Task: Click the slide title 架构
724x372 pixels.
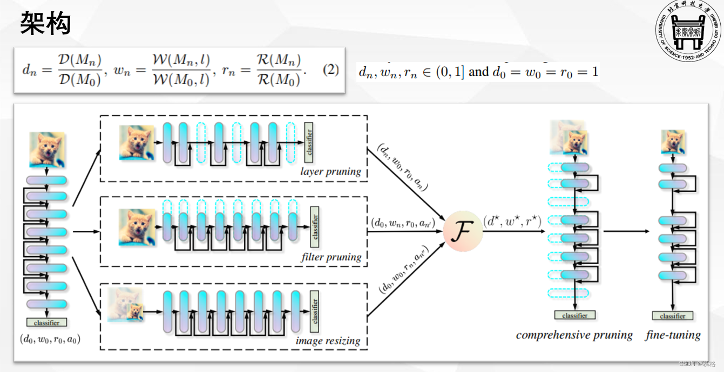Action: [46, 24]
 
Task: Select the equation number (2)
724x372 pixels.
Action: [330, 71]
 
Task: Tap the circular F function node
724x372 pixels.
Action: [462, 232]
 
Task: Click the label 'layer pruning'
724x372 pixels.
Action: [330, 172]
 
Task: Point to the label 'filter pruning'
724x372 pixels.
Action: [331, 257]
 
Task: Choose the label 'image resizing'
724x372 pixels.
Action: [328, 341]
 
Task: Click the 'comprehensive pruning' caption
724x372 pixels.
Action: [574, 335]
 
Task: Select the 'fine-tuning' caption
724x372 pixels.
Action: [673, 335]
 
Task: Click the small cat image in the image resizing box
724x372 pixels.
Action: [135, 312]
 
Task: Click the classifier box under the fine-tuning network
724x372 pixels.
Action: [673, 316]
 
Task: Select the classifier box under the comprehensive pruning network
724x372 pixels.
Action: [574, 315]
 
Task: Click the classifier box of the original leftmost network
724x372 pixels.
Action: [46, 322]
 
